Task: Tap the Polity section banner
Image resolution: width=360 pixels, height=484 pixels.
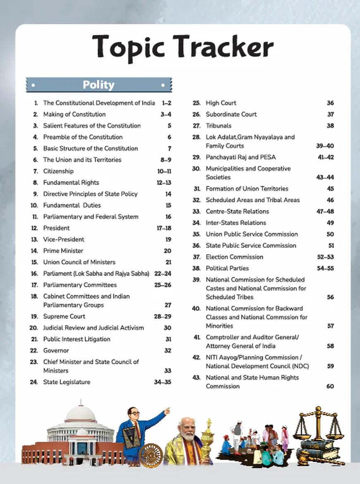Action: click(x=98, y=85)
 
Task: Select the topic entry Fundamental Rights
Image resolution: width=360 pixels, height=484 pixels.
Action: click(x=71, y=182)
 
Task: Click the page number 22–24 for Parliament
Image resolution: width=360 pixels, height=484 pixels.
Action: click(x=162, y=273)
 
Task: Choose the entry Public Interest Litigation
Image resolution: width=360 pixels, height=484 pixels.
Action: click(x=77, y=339)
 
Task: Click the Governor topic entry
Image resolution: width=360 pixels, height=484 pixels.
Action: click(x=56, y=350)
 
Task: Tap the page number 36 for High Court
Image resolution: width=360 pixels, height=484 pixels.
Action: click(x=330, y=103)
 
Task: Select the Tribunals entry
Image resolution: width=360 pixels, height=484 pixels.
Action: click(x=218, y=126)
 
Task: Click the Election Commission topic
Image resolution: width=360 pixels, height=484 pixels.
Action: click(x=234, y=257)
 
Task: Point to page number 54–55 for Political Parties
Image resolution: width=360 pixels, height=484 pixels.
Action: click(x=325, y=268)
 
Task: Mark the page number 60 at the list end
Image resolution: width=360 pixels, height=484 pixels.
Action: click(x=330, y=386)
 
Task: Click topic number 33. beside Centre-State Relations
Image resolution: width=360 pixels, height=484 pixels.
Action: click(x=197, y=211)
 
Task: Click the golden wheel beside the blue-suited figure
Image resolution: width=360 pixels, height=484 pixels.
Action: click(x=150, y=455)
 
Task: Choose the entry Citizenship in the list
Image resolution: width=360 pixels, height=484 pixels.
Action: click(x=58, y=171)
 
